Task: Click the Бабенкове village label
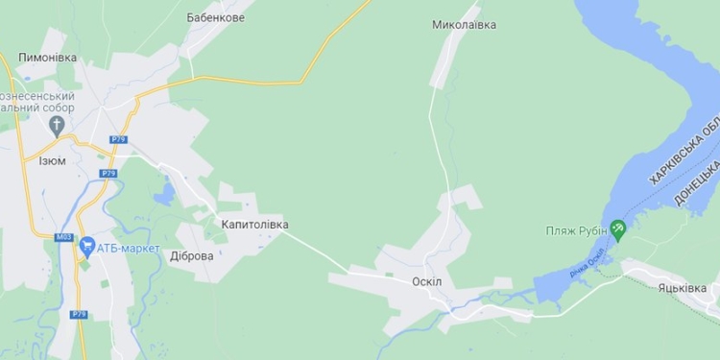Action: pyautogui.click(x=215, y=17)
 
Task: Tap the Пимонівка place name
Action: pyautogui.click(x=47, y=59)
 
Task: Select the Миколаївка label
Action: pyautogui.click(x=464, y=24)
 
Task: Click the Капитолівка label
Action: pyautogui.click(x=254, y=225)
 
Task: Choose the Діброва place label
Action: pyautogui.click(x=191, y=256)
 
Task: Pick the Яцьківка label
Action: pyautogui.click(x=688, y=288)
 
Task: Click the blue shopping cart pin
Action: pyautogui.click(x=87, y=247)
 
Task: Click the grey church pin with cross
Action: pyautogui.click(x=57, y=127)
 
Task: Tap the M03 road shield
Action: pyautogui.click(x=64, y=237)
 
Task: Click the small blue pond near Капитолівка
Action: pyautogui.click(x=164, y=193)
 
